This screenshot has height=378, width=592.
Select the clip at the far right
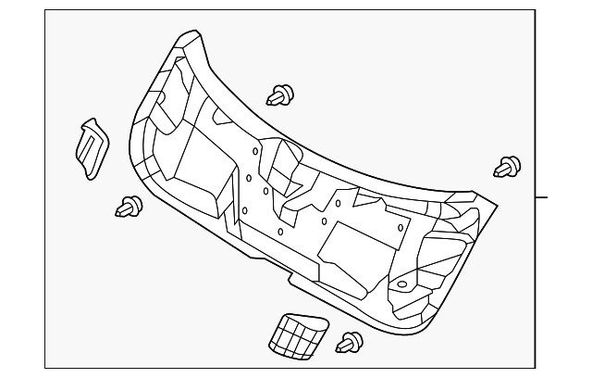pos(507,167)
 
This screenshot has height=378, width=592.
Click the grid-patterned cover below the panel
pos(295,334)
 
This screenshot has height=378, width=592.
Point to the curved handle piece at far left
pos(91,146)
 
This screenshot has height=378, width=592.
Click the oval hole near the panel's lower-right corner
pos(403,284)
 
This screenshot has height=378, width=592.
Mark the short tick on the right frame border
pos(542,197)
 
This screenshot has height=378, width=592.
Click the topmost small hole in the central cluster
pos(253,150)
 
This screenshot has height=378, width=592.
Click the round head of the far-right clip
pos(512,166)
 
